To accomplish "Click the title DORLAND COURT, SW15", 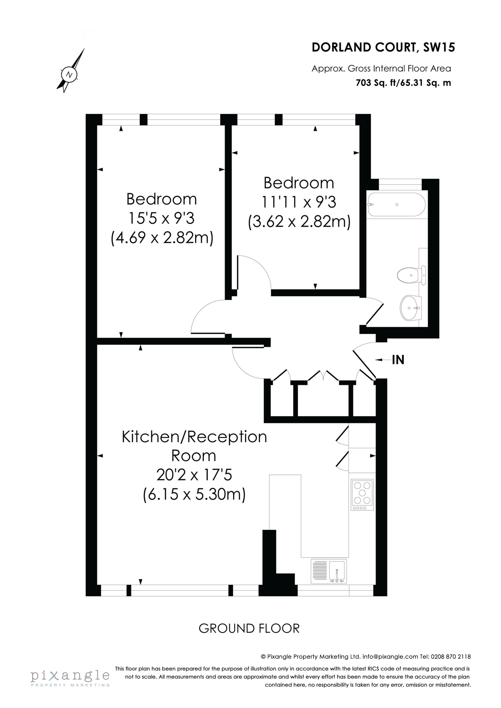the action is (x=383, y=47).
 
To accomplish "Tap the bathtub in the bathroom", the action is (x=396, y=204).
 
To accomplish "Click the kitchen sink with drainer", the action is (x=329, y=571).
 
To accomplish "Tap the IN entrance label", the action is (x=398, y=360).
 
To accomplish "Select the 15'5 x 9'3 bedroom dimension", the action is (x=162, y=219).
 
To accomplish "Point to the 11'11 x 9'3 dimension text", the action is (x=299, y=202).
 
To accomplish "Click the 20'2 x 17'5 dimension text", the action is (x=194, y=475).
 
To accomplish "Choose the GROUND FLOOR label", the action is (x=249, y=628).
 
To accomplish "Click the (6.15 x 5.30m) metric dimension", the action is (x=194, y=494).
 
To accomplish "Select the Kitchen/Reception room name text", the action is (x=194, y=437).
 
